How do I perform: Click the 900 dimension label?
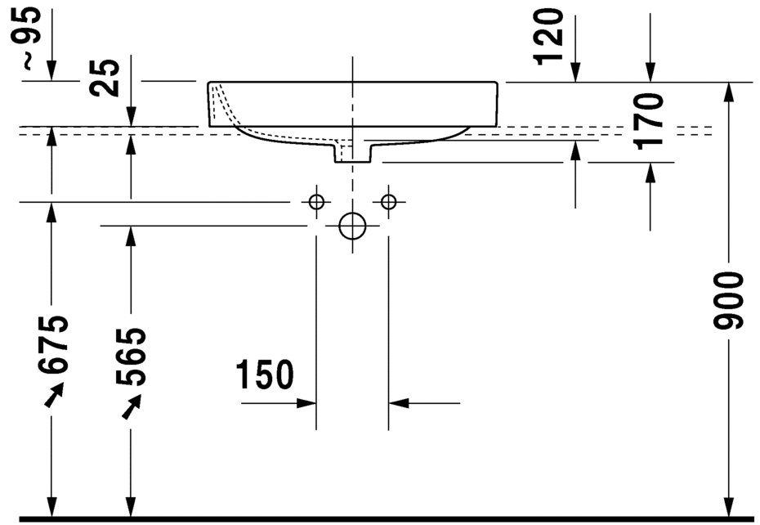click(x=727, y=300)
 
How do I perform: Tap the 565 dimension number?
click(x=132, y=357)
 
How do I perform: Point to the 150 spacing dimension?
click(x=264, y=375)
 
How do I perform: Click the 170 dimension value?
click(x=649, y=120)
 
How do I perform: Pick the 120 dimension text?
click(x=549, y=35)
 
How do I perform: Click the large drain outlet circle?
click(x=352, y=226)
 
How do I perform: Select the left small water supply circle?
click(x=316, y=201)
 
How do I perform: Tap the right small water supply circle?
click(x=388, y=201)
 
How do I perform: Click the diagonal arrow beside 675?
click(x=53, y=396)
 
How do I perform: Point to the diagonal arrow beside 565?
click(x=131, y=406)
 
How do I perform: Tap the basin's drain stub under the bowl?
click(x=352, y=152)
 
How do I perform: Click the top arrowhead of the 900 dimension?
click(x=727, y=92)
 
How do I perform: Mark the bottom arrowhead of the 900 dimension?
click(x=727, y=508)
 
